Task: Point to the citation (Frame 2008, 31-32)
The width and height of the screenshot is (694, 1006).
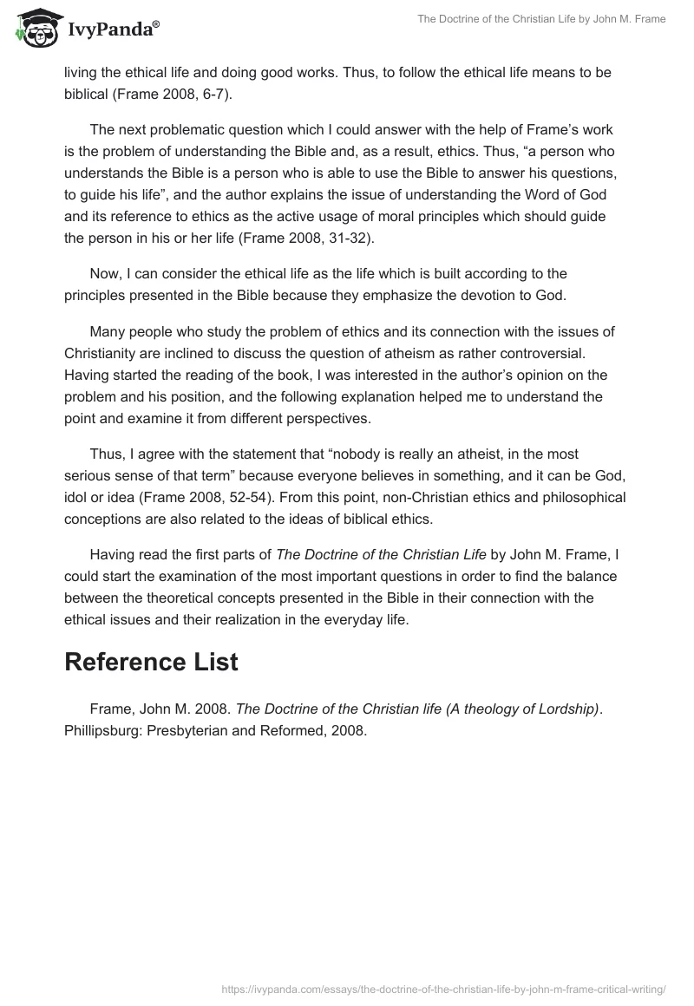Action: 293,236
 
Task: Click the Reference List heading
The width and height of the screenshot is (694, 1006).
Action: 151,662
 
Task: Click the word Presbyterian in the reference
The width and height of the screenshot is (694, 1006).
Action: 187,730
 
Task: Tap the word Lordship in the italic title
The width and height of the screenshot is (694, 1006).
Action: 569,709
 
